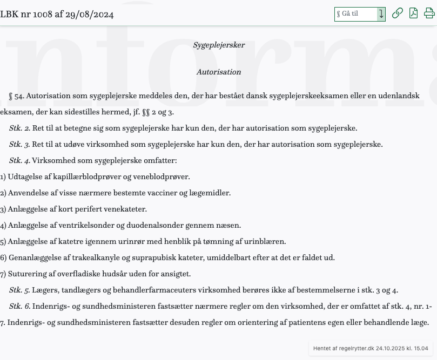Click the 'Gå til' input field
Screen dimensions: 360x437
click(x=355, y=14)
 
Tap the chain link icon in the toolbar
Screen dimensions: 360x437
click(x=398, y=13)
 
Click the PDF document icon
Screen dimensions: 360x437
click(x=413, y=13)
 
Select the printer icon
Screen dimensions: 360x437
click(x=429, y=13)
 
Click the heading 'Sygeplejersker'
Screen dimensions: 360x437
click(x=219, y=45)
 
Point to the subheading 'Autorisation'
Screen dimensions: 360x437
click(x=219, y=72)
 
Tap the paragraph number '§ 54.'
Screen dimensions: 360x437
click(x=16, y=96)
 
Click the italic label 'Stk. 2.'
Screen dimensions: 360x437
click(x=19, y=128)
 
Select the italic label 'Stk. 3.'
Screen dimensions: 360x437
click(x=19, y=145)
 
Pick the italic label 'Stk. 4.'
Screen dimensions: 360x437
click(x=19, y=161)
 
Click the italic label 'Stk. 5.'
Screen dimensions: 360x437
click(x=19, y=290)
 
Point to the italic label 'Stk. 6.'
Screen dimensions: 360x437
click(x=19, y=307)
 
